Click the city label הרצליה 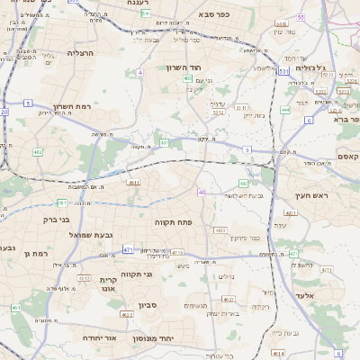81,54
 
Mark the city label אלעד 305,294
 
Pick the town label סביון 148,304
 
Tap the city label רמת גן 35,254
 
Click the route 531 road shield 283,70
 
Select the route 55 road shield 300,16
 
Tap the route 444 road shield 285,110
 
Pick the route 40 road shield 202,192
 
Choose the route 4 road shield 140,71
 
